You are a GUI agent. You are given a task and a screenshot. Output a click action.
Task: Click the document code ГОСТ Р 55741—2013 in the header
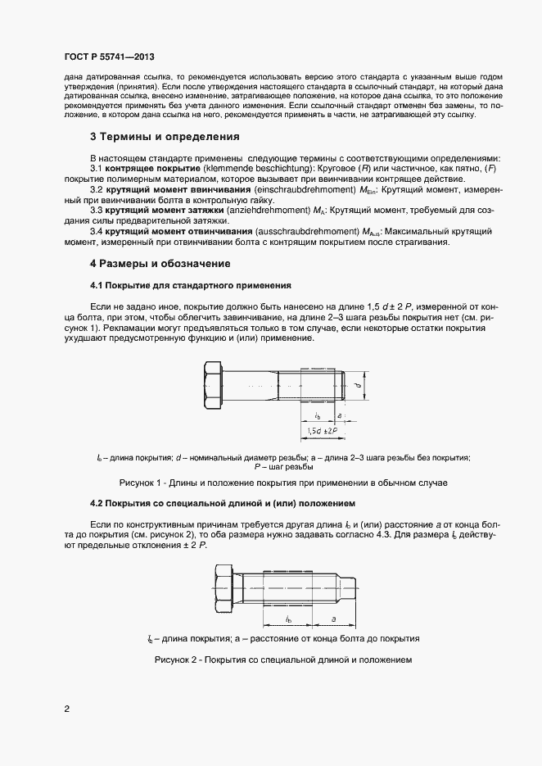(x=109, y=57)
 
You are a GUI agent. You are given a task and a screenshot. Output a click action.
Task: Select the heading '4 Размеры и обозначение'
(x=160, y=264)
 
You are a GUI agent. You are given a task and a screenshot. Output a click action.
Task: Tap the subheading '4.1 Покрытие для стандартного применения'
(x=190, y=284)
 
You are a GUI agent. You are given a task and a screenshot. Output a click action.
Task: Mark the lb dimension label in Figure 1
(x=317, y=415)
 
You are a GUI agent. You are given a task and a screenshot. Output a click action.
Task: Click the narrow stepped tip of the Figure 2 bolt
(x=352, y=584)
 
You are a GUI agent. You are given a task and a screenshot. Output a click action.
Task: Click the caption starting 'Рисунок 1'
(x=283, y=483)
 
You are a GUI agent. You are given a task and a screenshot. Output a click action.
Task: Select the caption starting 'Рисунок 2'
(x=282, y=659)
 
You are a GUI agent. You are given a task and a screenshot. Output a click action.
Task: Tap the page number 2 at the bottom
(x=66, y=709)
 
